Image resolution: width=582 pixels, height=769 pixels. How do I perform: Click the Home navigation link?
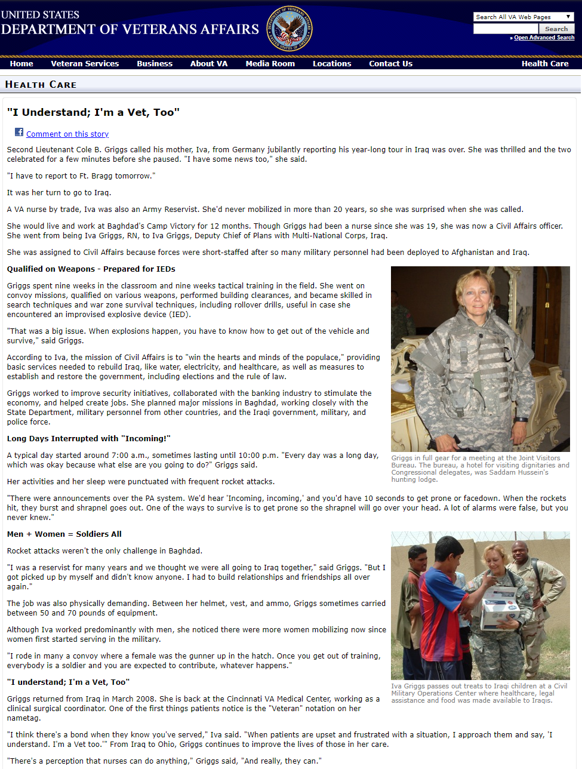point(21,64)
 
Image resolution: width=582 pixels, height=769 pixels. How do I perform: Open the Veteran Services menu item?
point(85,64)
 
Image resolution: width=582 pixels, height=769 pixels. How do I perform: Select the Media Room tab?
point(270,64)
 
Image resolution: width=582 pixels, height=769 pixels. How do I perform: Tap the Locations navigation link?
point(332,64)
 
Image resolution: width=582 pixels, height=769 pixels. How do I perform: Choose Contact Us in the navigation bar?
point(390,64)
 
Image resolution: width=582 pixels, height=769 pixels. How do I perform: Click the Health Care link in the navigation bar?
point(544,64)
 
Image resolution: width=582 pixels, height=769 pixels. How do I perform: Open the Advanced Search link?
point(544,38)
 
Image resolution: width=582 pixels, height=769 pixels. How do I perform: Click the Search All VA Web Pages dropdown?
point(524,17)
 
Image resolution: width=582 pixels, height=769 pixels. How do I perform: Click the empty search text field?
point(506,29)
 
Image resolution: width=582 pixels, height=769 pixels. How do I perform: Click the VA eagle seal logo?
point(289,28)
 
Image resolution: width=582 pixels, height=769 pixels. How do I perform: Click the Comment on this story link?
point(67,134)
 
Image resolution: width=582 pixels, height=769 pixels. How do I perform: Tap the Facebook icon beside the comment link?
point(19,133)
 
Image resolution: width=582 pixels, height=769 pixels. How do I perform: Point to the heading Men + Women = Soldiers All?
point(64,534)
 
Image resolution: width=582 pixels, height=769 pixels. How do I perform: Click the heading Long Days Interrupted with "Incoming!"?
point(89,439)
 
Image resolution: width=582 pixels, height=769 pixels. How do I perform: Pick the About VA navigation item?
point(209,64)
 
